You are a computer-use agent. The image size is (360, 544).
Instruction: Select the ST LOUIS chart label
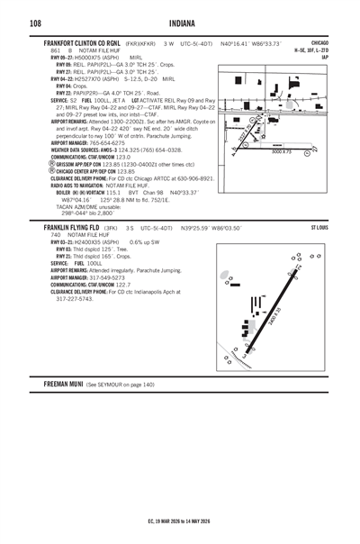tap(319, 230)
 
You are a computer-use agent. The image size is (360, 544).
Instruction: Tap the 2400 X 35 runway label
tap(274, 316)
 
